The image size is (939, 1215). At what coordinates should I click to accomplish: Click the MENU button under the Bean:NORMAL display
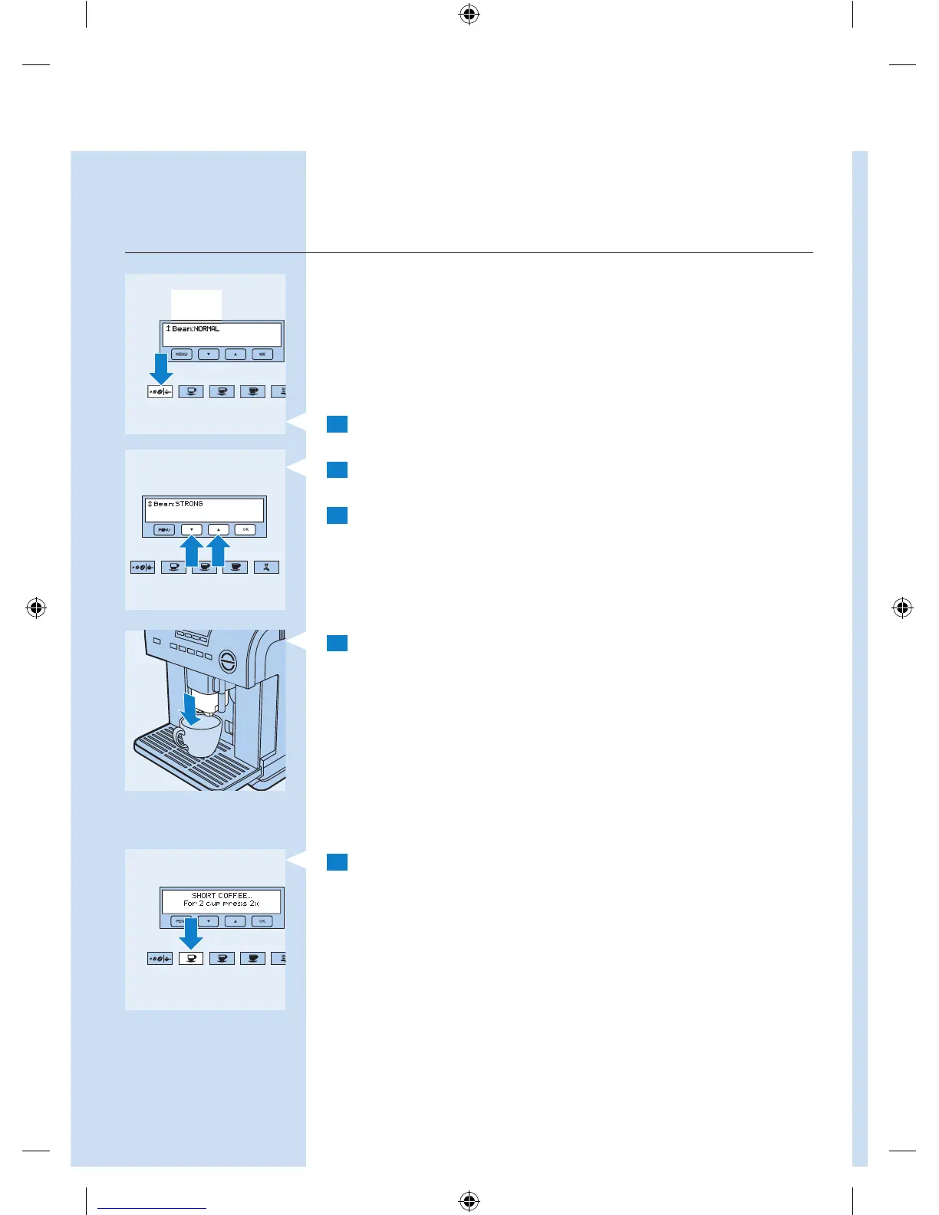point(181,354)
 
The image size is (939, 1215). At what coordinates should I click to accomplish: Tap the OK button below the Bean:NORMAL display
point(262,354)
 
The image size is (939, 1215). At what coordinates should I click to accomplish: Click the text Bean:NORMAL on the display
point(196,329)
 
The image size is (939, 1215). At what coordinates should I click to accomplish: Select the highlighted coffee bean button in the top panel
point(160,391)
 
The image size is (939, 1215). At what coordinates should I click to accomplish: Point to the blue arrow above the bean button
point(160,367)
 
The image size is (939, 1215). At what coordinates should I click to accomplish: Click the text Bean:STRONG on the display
point(178,504)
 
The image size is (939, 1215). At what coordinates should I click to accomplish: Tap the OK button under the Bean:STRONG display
point(245,529)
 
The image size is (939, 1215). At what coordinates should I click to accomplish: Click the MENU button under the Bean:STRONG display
point(164,529)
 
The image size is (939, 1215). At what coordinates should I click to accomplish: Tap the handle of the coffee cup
point(180,739)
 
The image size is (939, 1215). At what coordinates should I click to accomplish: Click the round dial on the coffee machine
point(228,660)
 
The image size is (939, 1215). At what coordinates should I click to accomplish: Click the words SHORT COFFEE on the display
point(221,895)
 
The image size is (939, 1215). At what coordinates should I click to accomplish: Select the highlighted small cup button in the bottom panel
point(190,958)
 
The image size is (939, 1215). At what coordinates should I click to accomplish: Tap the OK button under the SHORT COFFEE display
point(262,921)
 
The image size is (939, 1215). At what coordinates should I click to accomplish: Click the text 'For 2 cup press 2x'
point(221,904)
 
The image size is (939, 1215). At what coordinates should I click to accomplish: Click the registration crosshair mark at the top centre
point(470,14)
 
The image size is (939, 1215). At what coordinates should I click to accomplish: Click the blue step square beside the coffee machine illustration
point(337,643)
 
